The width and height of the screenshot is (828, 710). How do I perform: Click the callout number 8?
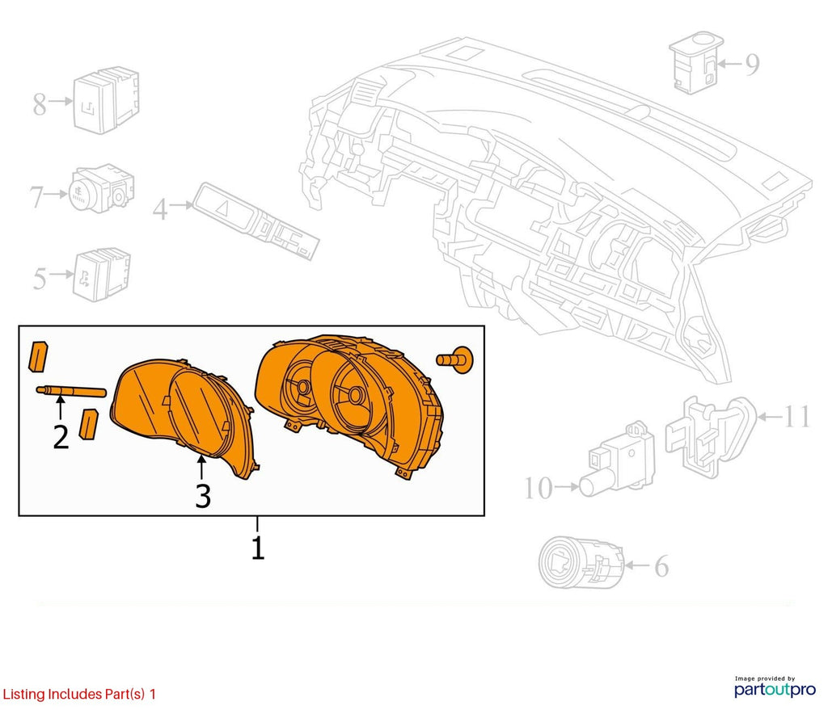40,103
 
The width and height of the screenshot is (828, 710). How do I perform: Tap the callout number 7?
36,197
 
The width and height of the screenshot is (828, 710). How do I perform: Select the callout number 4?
160,209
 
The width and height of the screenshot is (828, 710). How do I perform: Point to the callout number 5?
40,278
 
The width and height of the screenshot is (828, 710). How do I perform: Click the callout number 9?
753,65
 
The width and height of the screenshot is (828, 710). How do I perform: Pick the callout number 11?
796,416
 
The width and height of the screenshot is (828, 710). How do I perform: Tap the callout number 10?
538,488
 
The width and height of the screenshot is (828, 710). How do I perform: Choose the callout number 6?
661,566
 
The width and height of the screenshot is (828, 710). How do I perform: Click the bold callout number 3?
203,497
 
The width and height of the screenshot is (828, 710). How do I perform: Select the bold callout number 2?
61,437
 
